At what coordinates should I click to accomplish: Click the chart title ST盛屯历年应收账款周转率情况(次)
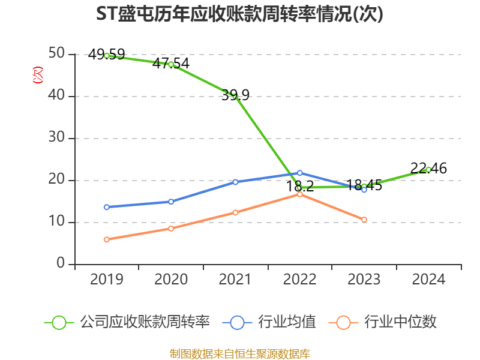pyautogui.click(x=239, y=14)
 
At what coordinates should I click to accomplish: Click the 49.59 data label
pyautogui.click(x=106, y=55)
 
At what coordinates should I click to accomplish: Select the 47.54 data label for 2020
pyautogui.click(x=170, y=63)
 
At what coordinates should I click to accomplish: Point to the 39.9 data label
pyautogui.click(x=235, y=95)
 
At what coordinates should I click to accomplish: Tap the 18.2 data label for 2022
pyautogui.click(x=300, y=186)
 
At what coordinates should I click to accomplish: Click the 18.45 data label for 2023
pyautogui.click(x=364, y=185)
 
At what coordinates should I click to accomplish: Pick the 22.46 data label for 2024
pyautogui.click(x=428, y=169)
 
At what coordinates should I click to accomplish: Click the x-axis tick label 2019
pyautogui.click(x=106, y=280)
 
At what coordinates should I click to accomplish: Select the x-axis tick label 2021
pyautogui.click(x=235, y=280)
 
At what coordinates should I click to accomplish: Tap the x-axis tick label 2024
pyautogui.click(x=428, y=280)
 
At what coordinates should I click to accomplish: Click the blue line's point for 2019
pyautogui.click(x=106, y=207)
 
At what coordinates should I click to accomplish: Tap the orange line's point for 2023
pyautogui.click(x=364, y=220)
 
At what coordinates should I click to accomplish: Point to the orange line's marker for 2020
pyautogui.click(x=170, y=229)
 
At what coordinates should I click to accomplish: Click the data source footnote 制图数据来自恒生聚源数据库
pyautogui.click(x=239, y=353)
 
